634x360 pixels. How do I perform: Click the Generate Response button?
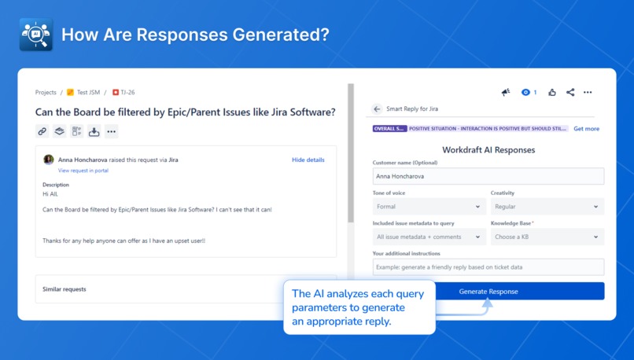tap(519, 292)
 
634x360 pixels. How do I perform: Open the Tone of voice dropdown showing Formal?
tap(429, 207)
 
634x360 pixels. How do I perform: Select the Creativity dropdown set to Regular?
tap(547, 207)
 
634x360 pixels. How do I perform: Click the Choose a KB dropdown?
tap(547, 237)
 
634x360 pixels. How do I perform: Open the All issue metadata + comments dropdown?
tap(429, 237)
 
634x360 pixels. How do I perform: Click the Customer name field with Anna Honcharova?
tap(488, 177)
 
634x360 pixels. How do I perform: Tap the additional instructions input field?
tap(488, 267)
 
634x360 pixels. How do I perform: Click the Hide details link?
tap(308, 160)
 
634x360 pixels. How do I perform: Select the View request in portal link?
tap(83, 171)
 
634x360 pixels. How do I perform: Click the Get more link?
tap(586, 129)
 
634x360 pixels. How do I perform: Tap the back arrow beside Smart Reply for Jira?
tap(378, 109)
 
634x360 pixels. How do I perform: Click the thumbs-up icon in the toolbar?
tap(552, 93)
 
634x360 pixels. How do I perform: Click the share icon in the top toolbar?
tap(570, 93)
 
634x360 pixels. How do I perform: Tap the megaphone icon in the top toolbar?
tap(506, 93)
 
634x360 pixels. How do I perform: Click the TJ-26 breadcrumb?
tap(127, 93)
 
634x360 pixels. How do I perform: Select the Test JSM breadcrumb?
tap(87, 93)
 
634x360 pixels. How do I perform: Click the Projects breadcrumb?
tap(46, 93)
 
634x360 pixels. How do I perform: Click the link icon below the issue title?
tap(42, 131)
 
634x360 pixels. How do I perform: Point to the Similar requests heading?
tap(65, 289)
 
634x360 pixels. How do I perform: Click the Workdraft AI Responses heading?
tap(488, 149)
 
